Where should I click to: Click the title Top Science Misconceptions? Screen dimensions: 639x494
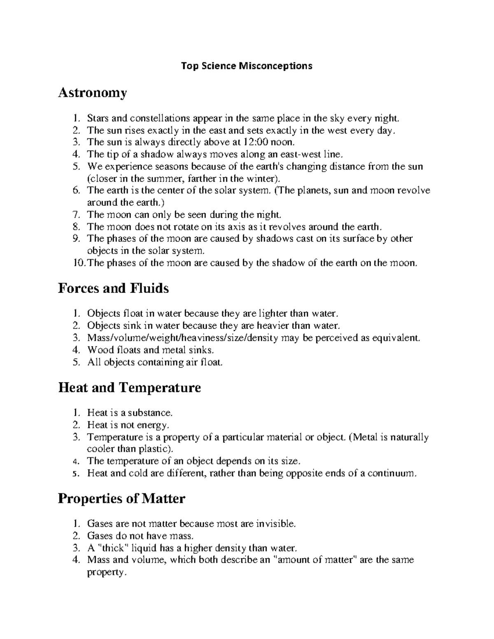tap(247, 66)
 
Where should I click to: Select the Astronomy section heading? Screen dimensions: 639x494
tap(92, 93)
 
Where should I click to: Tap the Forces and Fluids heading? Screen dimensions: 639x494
tap(113, 288)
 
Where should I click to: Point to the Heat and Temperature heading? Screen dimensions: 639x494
tap(129, 388)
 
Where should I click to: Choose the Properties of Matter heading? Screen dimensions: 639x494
tap(121, 499)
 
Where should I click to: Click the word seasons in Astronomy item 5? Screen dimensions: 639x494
tap(172, 167)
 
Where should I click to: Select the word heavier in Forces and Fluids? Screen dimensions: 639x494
tap(274, 326)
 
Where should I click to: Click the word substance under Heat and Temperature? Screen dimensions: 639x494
tap(149, 413)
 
